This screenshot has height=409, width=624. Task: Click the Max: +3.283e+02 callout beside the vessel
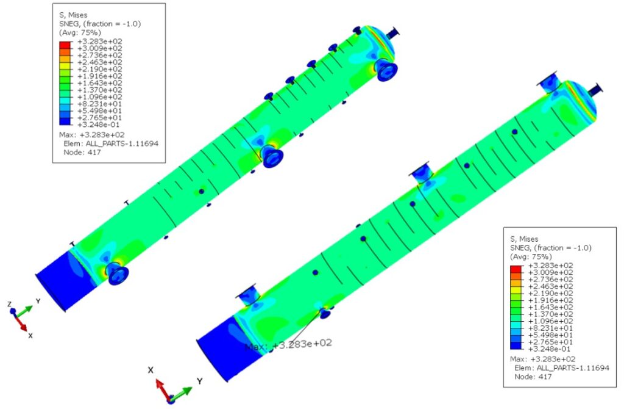coord(288,344)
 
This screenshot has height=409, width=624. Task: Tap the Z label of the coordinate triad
coord(10,304)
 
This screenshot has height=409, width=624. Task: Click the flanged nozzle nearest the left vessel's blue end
coord(116,273)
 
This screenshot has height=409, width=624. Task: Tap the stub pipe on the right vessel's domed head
coord(595,90)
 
